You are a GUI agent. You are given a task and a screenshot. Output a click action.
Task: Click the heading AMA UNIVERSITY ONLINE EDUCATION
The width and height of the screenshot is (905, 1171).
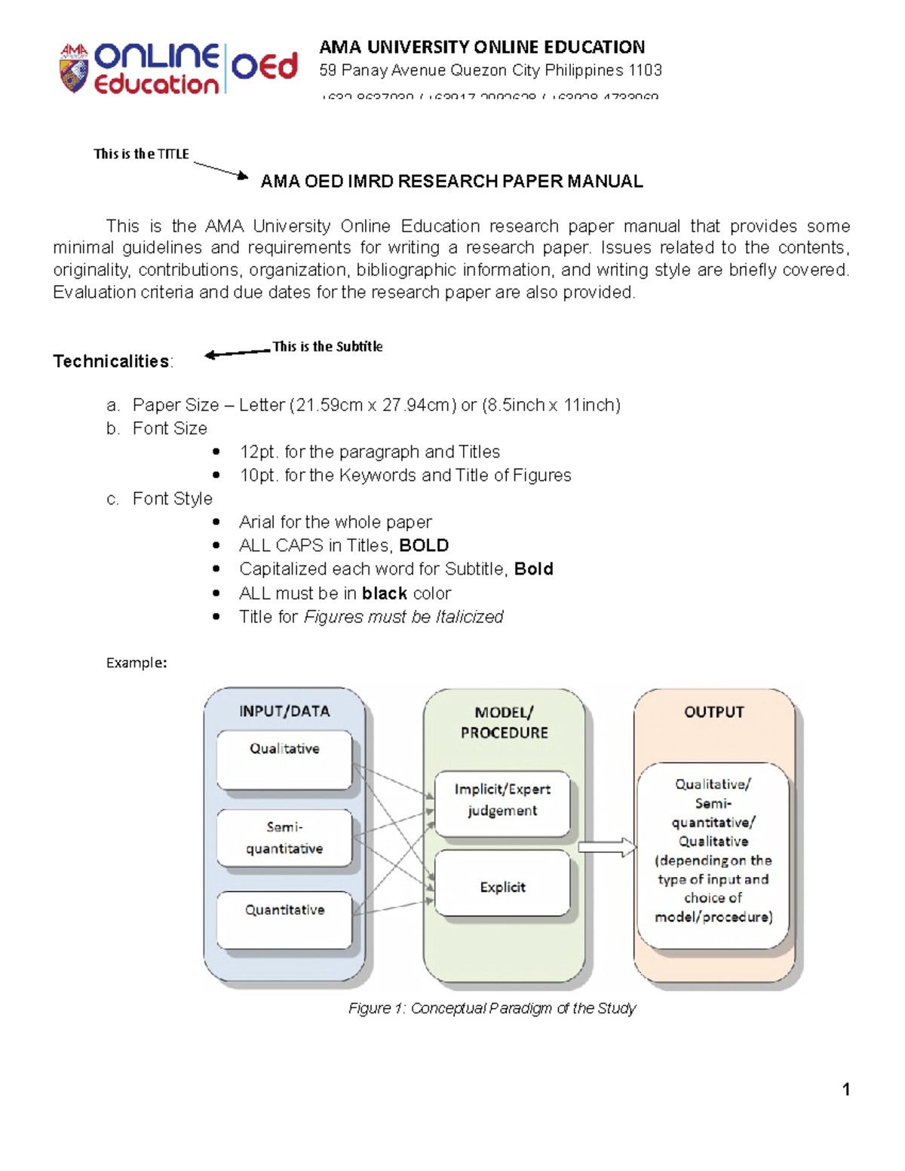coord(482,47)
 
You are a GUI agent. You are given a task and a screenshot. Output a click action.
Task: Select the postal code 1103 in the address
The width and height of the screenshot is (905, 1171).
coord(646,70)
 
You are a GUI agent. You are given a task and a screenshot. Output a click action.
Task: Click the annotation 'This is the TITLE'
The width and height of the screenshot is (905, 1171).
coord(141,154)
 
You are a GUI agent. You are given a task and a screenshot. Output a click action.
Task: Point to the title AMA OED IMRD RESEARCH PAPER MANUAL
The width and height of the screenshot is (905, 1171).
coord(451,181)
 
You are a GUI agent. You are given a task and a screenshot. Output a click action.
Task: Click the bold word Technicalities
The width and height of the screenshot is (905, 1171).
coord(111,361)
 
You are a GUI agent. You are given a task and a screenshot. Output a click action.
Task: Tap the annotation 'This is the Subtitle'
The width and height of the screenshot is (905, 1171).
coord(327,346)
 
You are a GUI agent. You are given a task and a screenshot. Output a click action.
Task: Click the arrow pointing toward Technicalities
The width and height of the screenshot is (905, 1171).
coord(237,353)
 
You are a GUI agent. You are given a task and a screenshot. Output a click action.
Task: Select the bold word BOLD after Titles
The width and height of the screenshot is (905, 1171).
coord(424,545)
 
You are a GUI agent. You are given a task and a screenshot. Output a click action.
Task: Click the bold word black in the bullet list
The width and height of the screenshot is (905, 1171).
coord(385,593)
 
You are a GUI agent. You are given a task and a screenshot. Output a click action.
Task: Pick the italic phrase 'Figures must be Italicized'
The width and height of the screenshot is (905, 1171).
coord(403,617)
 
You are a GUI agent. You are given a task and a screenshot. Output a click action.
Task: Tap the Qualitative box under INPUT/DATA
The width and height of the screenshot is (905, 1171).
coord(284,759)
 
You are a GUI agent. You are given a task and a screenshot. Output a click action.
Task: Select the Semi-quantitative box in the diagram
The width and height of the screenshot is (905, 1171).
coord(284,838)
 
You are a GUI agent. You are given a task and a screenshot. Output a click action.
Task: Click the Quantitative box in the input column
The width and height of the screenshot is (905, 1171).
coord(284,919)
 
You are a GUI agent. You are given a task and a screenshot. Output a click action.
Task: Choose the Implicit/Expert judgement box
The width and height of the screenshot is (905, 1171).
coord(502,802)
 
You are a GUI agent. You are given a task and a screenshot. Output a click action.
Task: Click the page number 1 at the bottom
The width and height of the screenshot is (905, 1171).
coord(846,1089)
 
